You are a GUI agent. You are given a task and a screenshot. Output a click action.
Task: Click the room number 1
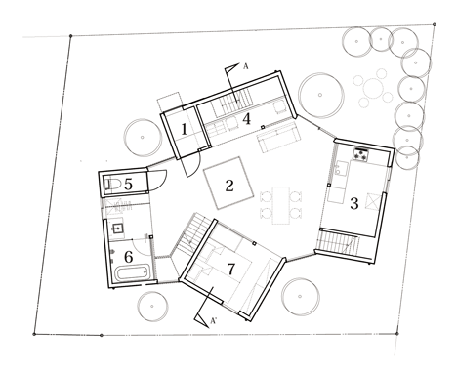185,130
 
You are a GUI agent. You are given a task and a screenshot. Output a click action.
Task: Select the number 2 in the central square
229,186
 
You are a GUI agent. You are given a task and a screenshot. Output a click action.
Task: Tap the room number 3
354,203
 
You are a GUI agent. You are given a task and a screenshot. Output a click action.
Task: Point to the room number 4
247,119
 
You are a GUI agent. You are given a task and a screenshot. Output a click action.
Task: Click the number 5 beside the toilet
128,185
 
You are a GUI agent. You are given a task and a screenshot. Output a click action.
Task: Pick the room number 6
129,257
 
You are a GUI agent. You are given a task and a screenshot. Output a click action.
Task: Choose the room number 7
230,269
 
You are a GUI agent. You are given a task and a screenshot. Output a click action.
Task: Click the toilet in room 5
112,185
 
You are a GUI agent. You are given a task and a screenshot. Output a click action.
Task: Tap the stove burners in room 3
360,154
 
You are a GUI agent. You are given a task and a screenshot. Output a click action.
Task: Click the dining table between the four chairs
281,205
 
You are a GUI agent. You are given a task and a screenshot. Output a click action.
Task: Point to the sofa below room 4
278,139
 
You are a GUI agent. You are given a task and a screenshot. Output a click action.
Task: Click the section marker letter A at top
246,66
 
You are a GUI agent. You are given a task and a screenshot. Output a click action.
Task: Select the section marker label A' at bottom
214,321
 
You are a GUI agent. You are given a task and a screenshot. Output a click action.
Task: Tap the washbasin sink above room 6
117,229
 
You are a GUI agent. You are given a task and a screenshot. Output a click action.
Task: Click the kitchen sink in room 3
341,169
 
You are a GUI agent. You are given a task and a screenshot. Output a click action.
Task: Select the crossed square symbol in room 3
374,202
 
